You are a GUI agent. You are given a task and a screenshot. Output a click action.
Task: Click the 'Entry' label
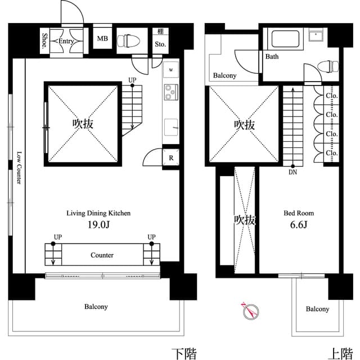(66, 41)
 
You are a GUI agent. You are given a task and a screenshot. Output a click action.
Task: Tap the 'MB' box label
(102, 39)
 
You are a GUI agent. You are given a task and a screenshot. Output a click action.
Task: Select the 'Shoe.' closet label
(45, 40)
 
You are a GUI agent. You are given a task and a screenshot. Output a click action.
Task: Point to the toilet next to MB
(131, 40)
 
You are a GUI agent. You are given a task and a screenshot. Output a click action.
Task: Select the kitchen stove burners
(170, 91)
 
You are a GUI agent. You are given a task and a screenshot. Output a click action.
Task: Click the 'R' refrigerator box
(170, 157)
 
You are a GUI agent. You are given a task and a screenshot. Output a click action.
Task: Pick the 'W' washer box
(170, 70)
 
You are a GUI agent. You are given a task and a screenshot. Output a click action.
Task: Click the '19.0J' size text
(98, 224)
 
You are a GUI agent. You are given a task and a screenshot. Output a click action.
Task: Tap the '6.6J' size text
(298, 224)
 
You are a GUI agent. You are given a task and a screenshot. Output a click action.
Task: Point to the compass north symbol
(249, 309)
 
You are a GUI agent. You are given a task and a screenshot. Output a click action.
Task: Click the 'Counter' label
(102, 255)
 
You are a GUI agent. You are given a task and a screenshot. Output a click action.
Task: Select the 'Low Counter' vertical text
(19, 168)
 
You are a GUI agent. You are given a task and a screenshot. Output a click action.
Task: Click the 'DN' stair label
(292, 173)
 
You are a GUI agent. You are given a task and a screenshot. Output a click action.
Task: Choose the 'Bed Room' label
(298, 213)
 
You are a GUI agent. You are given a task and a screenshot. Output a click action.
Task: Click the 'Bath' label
(272, 57)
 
